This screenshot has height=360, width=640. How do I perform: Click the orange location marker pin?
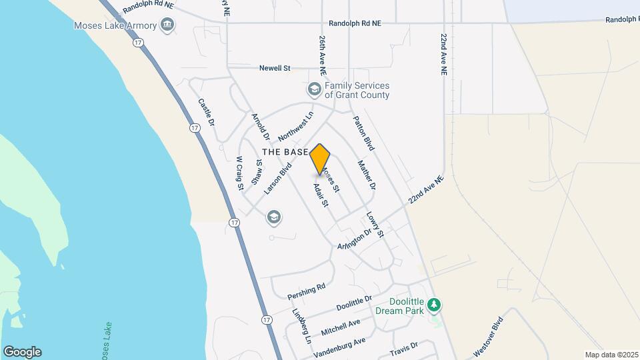[x=320, y=159]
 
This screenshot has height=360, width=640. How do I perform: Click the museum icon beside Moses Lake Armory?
[x=167, y=26]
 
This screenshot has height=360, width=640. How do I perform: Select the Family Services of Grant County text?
[x=357, y=90]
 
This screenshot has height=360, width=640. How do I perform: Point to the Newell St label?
[x=275, y=68]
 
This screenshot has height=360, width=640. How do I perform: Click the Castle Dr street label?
[x=207, y=113]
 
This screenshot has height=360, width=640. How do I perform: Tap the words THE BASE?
[x=285, y=152]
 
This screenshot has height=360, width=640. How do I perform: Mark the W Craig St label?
[x=239, y=173]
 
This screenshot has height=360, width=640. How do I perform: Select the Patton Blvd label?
[x=363, y=133]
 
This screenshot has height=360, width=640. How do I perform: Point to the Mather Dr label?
[x=367, y=175]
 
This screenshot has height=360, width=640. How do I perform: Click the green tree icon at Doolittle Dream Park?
[x=435, y=305]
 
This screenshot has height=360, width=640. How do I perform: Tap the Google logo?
[x=22, y=352]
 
